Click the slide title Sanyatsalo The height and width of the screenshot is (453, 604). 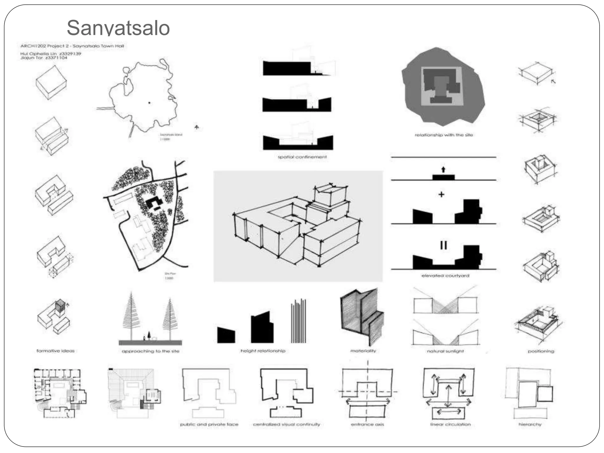click(x=118, y=28)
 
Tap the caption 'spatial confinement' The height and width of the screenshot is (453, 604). click(x=302, y=157)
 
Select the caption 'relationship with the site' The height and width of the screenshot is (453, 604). click(x=444, y=135)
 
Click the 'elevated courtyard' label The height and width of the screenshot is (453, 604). click(x=445, y=276)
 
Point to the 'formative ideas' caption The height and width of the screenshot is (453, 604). click(x=56, y=351)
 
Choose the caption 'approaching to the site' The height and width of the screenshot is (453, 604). click(x=150, y=351)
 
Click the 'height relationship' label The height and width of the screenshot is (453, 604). click(x=263, y=351)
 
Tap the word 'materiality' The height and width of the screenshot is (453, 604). click(x=363, y=351)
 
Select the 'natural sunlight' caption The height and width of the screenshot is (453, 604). click(x=445, y=351)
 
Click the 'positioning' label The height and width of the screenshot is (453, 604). click(x=541, y=351)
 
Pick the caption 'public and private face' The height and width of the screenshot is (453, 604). click(x=209, y=424)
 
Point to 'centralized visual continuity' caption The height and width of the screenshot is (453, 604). click(x=286, y=424)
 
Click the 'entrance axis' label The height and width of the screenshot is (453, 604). click(x=367, y=424)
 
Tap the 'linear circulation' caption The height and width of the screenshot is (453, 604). click(x=450, y=424)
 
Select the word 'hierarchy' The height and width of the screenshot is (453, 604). click(x=530, y=424)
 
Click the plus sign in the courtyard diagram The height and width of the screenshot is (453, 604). click(x=441, y=194)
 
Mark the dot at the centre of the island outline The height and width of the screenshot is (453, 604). click(x=149, y=103)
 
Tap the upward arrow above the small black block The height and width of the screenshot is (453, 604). click(x=443, y=170)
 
